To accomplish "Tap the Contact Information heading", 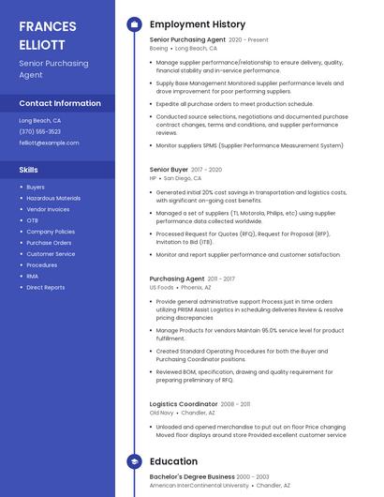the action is click(60, 103).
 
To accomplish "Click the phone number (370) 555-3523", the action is click(40, 131).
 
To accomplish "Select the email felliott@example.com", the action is click(49, 143).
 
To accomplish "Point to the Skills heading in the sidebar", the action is click(28, 170).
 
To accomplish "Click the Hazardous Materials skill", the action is click(53, 198).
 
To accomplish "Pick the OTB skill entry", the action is click(33, 220).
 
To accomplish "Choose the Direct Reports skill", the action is click(46, 287).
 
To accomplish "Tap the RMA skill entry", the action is click(33, 276).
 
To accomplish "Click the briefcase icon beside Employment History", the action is click(134, 24).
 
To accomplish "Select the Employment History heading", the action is click(197, 24).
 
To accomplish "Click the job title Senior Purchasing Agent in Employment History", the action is click(187, 39).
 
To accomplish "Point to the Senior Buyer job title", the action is click(169, 169).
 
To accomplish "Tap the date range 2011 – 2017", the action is click(221, 279).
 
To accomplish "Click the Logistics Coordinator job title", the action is click(184, 404).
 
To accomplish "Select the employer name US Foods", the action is click(161, 287).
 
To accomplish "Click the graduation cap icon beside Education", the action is click(134, 461).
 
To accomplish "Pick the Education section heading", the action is click(173, 461).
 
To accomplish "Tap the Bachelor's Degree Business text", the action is click(191, 476).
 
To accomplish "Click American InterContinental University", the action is click(199, 485).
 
